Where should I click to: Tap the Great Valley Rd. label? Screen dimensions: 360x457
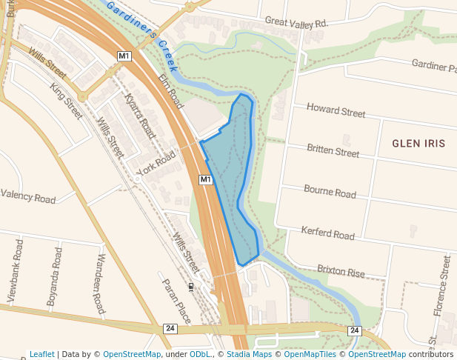296,24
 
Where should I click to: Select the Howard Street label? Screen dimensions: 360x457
336,111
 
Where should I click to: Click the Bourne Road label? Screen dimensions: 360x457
330,191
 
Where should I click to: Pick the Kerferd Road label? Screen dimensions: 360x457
328,233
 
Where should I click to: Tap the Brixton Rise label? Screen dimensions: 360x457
341,270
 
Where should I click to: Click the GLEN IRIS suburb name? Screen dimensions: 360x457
418,143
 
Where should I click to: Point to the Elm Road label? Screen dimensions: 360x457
170,91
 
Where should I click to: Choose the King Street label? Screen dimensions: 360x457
67,101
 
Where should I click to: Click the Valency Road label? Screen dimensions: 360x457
28,197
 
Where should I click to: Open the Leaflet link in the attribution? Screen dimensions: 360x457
41,354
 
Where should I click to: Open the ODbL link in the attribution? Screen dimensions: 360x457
200,354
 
